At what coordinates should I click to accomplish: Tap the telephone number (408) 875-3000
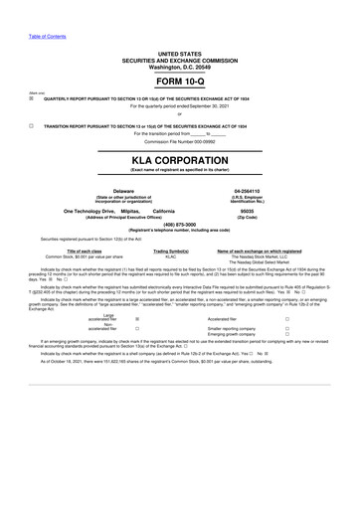coord(180,224)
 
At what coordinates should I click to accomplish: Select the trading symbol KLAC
coord(170,257)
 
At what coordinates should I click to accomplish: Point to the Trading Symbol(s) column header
coord(170,252)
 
